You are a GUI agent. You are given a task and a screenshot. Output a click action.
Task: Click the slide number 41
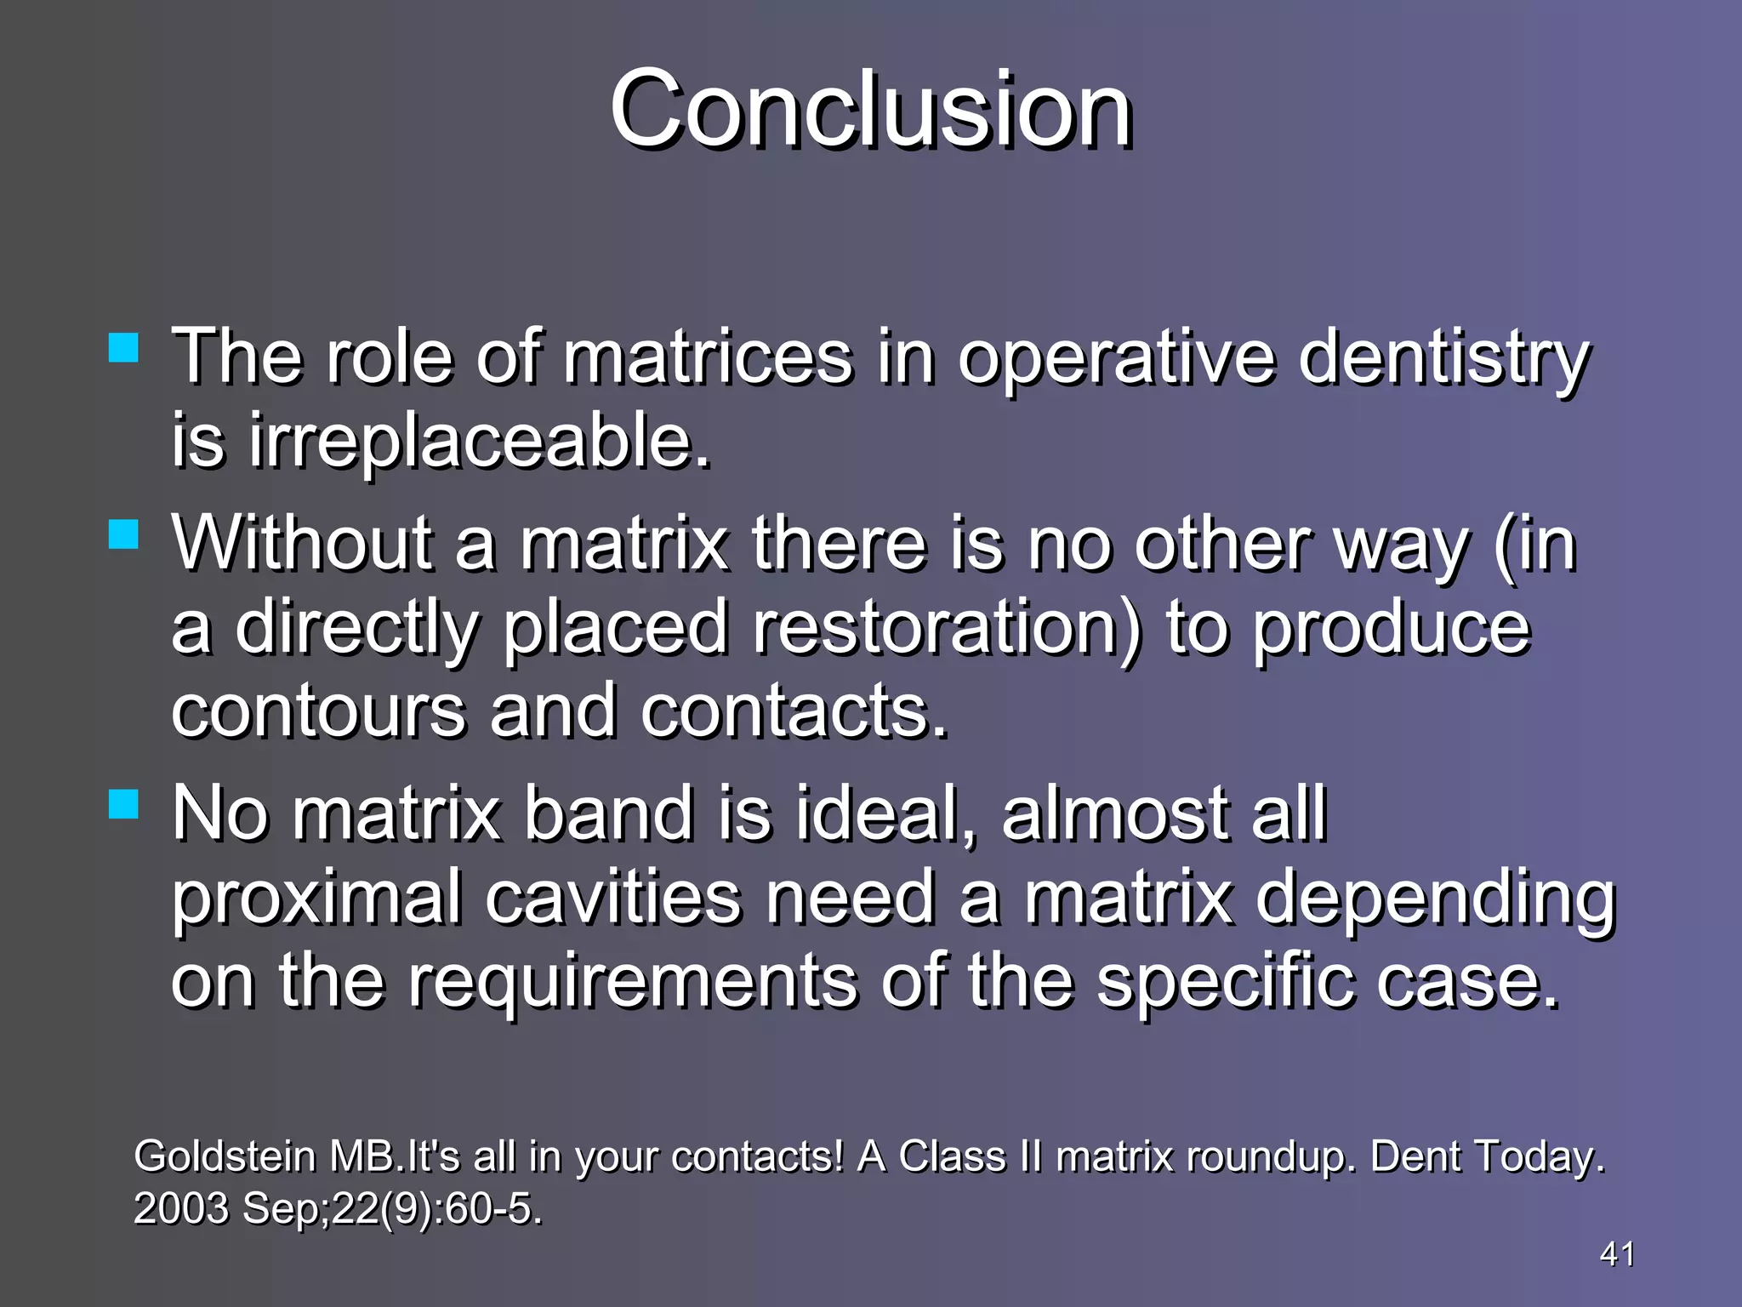[x=1617, y=1253]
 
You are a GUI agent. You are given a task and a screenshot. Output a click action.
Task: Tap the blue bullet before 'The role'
[x=124, y=348]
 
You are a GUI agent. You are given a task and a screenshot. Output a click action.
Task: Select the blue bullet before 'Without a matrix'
[x=124, y=535]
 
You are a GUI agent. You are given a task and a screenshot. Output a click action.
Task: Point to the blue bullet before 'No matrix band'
[x=124, y=803]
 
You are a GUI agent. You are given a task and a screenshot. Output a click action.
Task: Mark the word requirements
[x=632, y=982]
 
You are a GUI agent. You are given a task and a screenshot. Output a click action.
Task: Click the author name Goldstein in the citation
[x=225, y=1156]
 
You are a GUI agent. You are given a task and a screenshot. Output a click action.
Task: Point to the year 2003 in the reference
[x=181, y=1208]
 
